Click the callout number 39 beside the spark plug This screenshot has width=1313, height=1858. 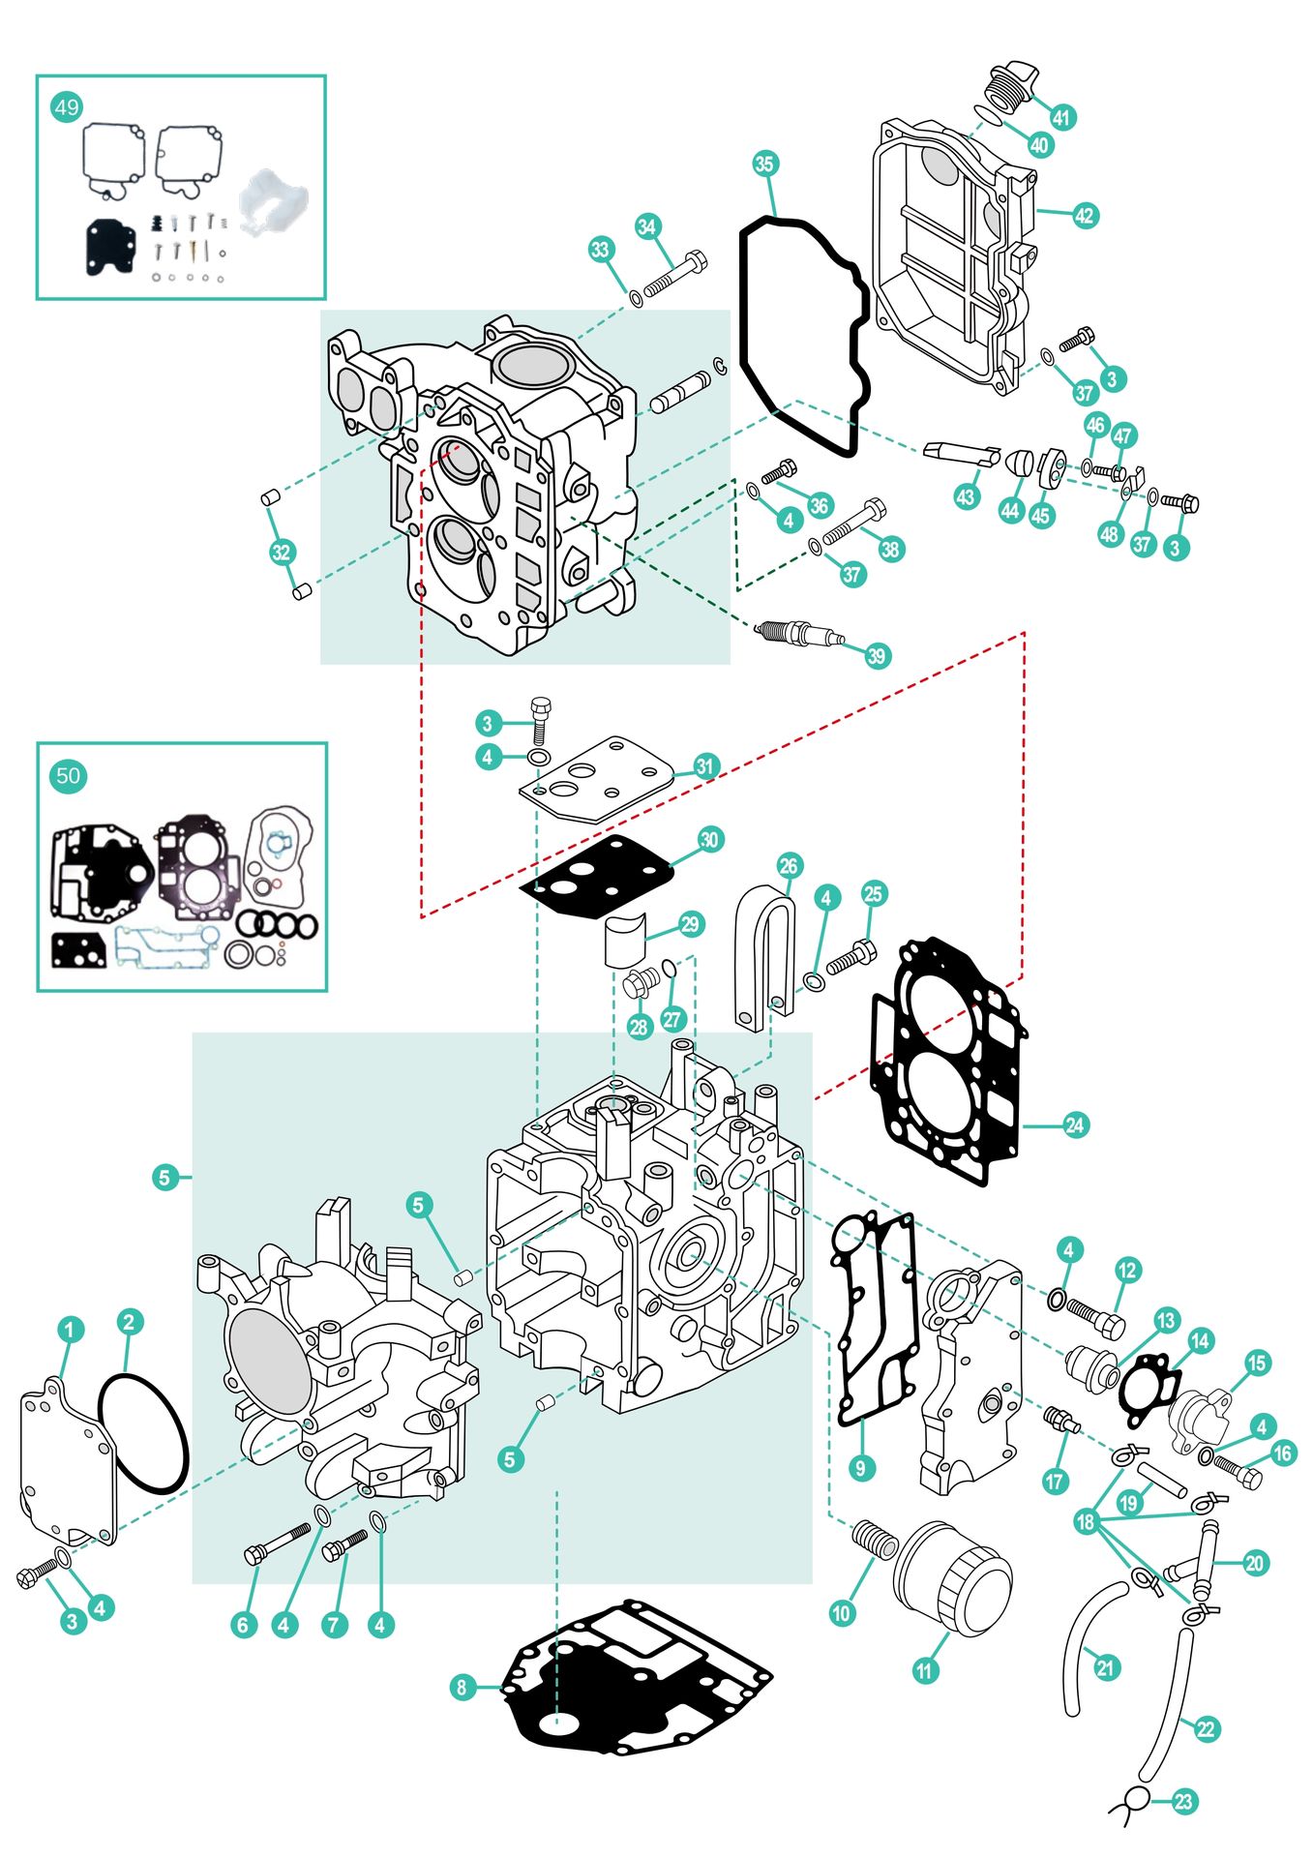pos(876,655)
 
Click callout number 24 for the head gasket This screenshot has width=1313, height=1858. pos(1075,1124)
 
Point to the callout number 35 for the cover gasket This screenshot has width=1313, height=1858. pos(764,164)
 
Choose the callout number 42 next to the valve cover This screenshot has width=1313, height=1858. pos(1085,215)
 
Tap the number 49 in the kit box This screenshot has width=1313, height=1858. pos(67,106)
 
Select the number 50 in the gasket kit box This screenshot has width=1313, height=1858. pos(68,775)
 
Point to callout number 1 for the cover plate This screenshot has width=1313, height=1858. pos(70,1329)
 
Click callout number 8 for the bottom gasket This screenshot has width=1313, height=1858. pos(462,1687)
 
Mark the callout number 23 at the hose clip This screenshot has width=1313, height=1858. pos(1184,1801)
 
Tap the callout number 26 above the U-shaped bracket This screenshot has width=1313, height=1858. pos(789,865)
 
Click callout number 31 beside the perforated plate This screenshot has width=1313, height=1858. pos(704,765)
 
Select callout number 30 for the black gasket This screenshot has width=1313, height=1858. pos(709,839)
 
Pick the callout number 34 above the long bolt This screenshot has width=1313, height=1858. pos(647,226)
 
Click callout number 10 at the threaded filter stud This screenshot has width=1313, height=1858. pos(842,1612)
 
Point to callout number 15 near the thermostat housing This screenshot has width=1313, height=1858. pos(1257,1363)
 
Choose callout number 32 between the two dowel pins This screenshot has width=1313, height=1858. pos(281,552)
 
